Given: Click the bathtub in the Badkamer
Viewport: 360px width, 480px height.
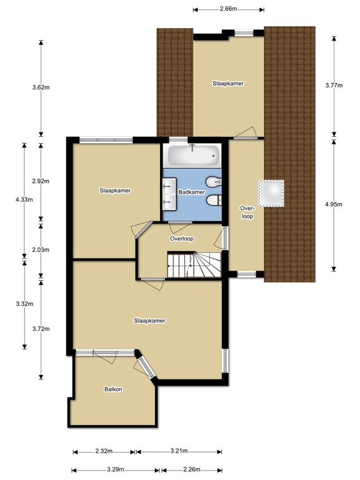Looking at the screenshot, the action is pyautogui.click(x=192, y=155).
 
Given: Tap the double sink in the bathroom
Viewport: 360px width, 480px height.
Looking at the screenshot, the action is pyautogui.click(x=169, y=194).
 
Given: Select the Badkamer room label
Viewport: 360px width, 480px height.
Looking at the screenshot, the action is pyautogui.click(x=192, y=192).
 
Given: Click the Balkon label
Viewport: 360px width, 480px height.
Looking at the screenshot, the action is pyautogui.click(x=113, y=389).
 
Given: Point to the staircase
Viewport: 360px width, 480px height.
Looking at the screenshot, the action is pyautogui.click(x=194, y=264).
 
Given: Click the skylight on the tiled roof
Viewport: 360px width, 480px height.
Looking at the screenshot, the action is pyautogui.click(x=271, y=193).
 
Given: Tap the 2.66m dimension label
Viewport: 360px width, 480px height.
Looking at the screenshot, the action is pyautogui.click(x=228, y=9).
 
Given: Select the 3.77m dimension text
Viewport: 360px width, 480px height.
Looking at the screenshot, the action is pyautogui.click(x=334, y=85).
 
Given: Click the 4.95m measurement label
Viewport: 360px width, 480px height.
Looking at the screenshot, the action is pyautogui.click(x=334, y=204).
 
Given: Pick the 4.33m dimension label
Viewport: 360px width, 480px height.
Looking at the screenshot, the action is pyautogui.click(x=24, y=199).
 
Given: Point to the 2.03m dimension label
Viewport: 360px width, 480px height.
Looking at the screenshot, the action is pyautogui.click(x=41, y=250).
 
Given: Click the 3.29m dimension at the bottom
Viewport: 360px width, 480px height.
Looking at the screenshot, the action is pyautogui.click(x=116, y=469).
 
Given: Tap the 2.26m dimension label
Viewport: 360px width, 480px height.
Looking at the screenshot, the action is pyautogui.click(x=192, y=469).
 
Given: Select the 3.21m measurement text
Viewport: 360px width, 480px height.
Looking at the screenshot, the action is pyautogui.click(x=179, y=451).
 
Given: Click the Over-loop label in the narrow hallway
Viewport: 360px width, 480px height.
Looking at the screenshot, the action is pyautogui.click(x=247, y=212).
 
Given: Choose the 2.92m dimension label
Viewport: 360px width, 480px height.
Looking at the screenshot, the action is pyautogui.click(x=41, y=181).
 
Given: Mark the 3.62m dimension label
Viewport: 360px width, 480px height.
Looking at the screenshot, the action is pyautogui.click(x=41, y=87).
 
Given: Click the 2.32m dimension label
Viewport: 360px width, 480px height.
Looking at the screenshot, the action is pyautogui.click(x=104, y=451).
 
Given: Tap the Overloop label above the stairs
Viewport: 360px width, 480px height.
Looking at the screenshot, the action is pyautogui.click(x=182, y=239).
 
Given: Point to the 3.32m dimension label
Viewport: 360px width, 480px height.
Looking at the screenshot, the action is pyautogui.click(x=24, y=304).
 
